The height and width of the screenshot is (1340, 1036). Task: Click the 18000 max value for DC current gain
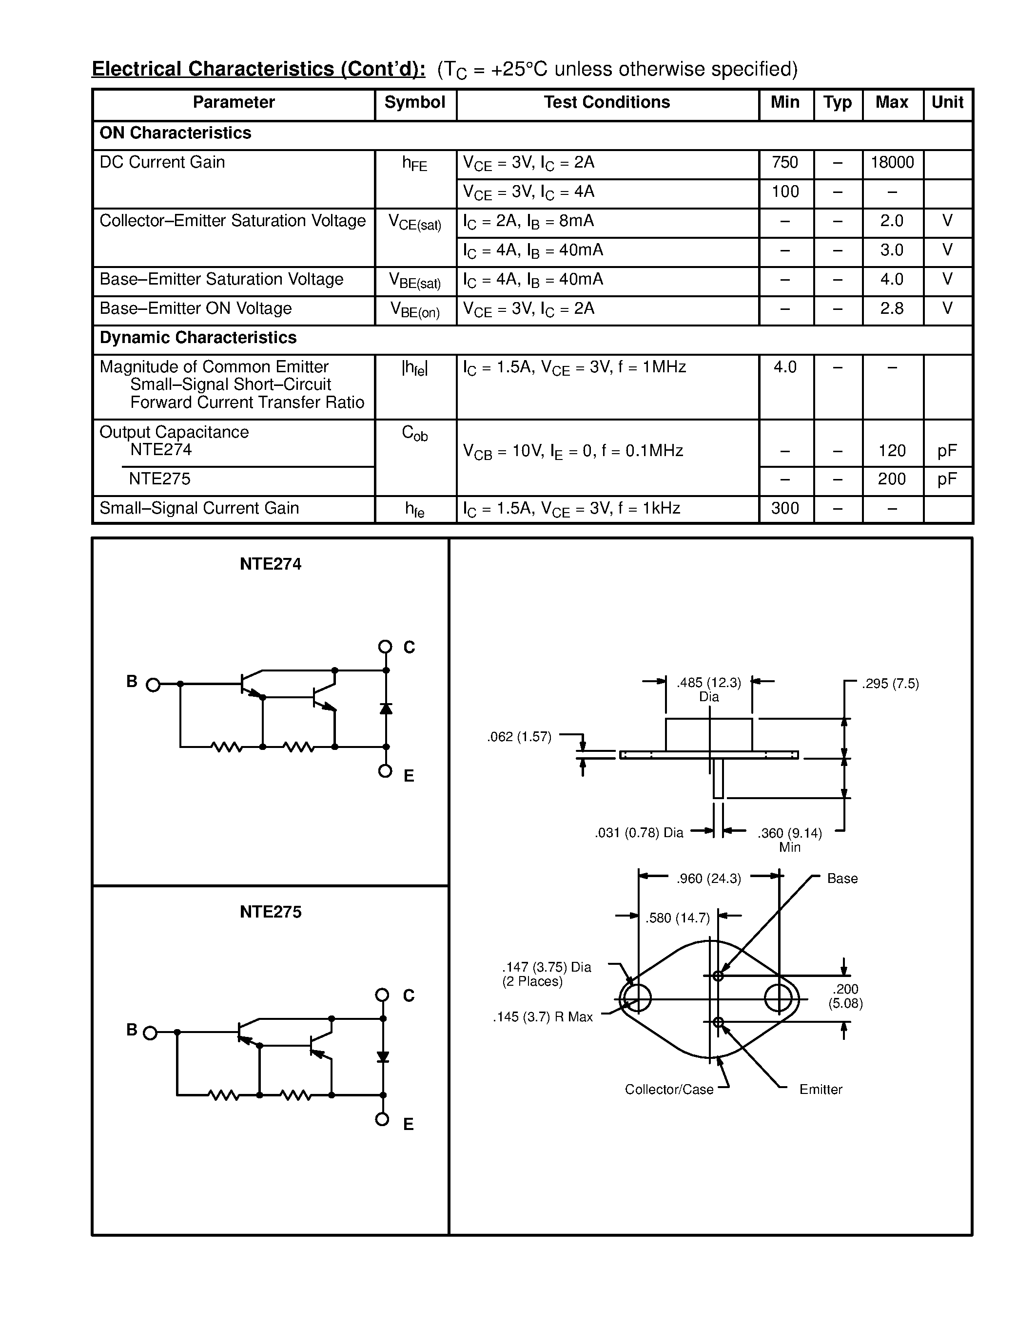(x=892, y=163)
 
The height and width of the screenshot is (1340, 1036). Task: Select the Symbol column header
(x=415, y=102)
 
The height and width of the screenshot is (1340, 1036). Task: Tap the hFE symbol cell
(x=415, y=164)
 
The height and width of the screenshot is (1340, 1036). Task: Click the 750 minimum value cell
(x=785, y=163)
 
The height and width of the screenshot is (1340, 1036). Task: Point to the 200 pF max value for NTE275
(x=892, y=479)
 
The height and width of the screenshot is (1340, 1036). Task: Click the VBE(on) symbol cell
(x=415, y=310)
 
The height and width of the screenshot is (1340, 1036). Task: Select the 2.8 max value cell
(x=892, y=308)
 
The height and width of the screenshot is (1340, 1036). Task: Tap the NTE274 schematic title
(x=270, y=564)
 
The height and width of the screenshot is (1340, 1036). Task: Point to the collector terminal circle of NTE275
(x=382, y=995)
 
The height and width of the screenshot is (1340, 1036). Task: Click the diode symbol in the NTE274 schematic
(x=386, y=708)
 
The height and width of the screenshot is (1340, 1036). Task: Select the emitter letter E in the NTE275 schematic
(x=408, y=1124)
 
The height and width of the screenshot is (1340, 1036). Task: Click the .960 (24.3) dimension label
(x=709, y=879)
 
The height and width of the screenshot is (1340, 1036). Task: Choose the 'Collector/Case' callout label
(x=669, y=1090)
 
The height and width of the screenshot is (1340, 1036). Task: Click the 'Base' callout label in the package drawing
(x=842, y=879)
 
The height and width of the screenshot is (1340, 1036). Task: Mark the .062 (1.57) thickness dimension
(x=519, y=737)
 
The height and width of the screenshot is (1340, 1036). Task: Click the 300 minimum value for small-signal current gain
(x=785, y=509)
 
